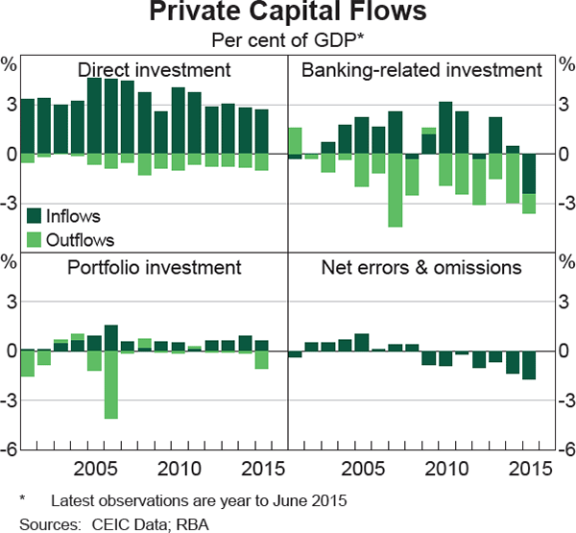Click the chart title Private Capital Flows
287,15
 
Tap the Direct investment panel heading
154,70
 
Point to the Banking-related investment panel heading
421,70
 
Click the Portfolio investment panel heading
154,267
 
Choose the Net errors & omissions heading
421,267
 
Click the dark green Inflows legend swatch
35,215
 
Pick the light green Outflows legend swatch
35,239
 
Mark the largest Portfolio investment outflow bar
110,384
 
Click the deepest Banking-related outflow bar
395,190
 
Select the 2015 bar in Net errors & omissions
528,365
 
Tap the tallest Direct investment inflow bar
94,115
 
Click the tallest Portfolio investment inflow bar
110,338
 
